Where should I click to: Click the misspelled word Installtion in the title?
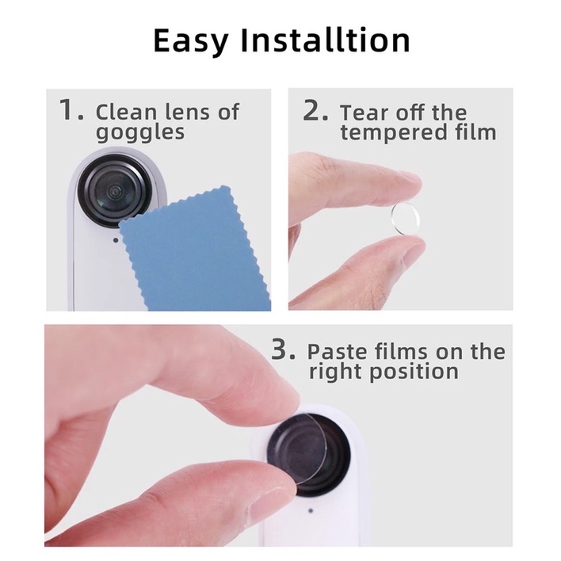(x=325, y=40)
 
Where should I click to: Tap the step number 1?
(x=71, y=109)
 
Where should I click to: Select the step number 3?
(x=284, y=349)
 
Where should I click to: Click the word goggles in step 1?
(x=140, y=133)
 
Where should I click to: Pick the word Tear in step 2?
(x=361, y=113)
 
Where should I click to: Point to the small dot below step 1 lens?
(x=116, y=240)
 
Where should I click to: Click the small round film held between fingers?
(x=406, y=219)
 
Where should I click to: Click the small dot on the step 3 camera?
(x=311, y=510)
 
